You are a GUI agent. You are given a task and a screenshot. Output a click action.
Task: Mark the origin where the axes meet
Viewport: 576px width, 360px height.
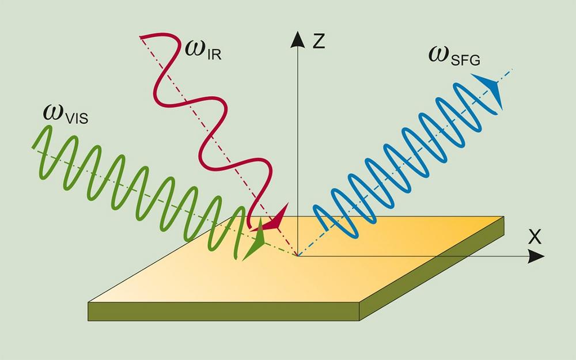pyautogui.click(x=297, y=255)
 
